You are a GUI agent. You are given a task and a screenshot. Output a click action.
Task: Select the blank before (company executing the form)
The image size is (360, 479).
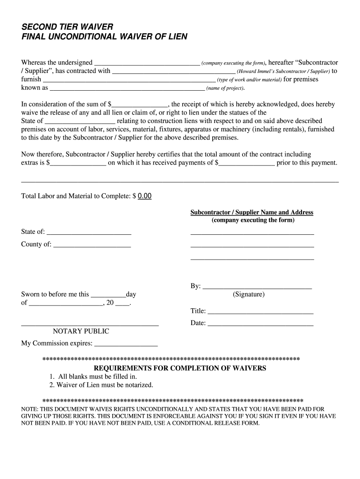147,63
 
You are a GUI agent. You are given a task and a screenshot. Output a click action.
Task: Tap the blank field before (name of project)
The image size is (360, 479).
127,88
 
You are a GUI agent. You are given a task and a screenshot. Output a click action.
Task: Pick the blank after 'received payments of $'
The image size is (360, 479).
247,163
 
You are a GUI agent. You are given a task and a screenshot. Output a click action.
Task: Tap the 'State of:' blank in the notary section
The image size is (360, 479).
89,232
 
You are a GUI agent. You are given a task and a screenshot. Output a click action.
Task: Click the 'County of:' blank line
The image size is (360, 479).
92,245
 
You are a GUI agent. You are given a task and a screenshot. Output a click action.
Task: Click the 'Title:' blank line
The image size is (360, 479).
260,312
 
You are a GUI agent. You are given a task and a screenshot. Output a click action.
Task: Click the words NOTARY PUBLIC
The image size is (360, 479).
81,332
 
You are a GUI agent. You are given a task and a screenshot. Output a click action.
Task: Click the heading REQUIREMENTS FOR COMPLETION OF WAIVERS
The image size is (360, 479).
180,368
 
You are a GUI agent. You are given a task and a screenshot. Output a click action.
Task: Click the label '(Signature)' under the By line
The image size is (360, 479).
249,295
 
